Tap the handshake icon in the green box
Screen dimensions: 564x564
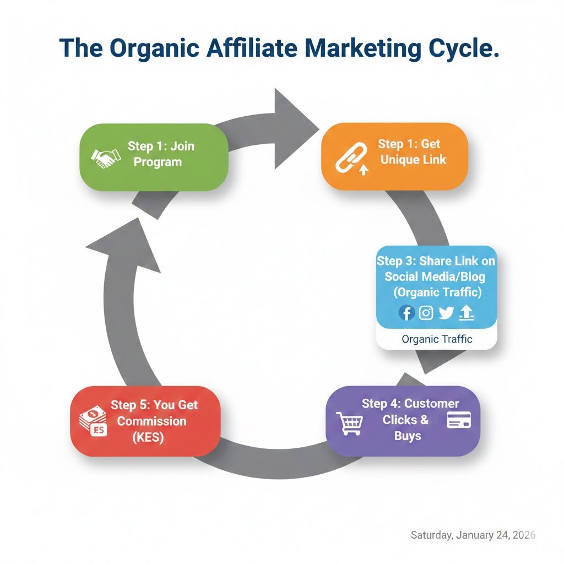106,158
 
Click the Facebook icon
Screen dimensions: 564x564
406,313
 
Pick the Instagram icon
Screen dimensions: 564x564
426,313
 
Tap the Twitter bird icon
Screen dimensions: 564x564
446,313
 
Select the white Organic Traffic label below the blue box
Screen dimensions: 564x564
437,339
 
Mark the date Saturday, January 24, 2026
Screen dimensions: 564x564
473,535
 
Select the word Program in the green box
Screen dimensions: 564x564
158,162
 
